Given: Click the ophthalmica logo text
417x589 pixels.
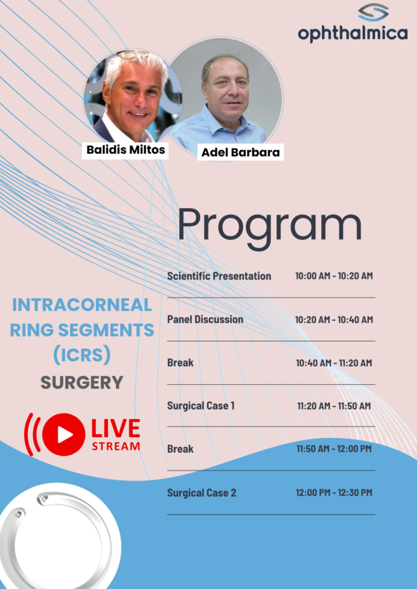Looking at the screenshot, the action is tap(353, 34).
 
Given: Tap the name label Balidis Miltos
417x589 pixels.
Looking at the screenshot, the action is tap(126, 149).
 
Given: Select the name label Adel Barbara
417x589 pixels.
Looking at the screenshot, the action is tap(241, 152).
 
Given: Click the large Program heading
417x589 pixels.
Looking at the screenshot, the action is tap(269, 226).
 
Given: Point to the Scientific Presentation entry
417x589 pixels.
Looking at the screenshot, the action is tap(219, 276).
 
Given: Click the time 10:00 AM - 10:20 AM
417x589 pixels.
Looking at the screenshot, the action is tap(334, 276).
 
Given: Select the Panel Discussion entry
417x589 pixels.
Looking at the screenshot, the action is tap(205, 319).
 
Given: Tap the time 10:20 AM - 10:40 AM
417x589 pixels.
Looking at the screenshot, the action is tap(334, 319).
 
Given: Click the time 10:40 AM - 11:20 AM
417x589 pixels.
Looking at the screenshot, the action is tap(334, 363).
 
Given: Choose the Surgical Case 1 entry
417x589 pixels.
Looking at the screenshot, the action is tap(201, 406).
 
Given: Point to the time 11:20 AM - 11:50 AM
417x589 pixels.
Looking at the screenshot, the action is tap(334, 406).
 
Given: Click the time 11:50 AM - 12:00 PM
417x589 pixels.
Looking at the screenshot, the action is tap(334, 448).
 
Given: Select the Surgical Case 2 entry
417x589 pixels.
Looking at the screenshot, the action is tap(202, 492).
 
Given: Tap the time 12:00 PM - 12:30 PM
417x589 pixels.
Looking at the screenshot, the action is tap(334, 492).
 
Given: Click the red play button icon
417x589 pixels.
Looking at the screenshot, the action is tap(64, 435).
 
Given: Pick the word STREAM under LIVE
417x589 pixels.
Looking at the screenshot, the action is tap(116, 446).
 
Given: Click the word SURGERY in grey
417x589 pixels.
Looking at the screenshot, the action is tap(82, 383).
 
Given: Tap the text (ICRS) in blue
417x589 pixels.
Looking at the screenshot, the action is tap(82, 355).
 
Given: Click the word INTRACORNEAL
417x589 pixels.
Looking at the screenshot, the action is tap(82, 304).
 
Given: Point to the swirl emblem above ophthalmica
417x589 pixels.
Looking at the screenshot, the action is tap(373, 12).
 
